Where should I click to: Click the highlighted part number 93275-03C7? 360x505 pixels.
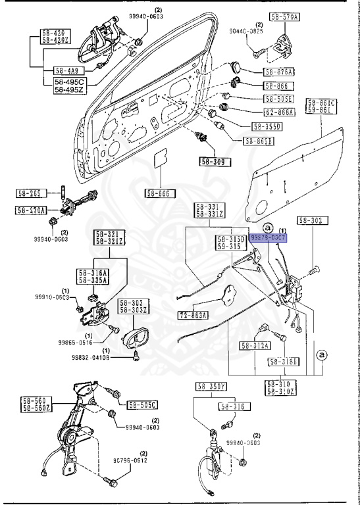point(269,237)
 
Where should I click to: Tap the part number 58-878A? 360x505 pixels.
point(279,72)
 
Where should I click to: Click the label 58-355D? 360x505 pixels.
point(265,126)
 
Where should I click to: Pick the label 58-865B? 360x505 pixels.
point(259,141)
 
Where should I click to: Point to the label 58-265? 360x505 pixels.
point(29,193)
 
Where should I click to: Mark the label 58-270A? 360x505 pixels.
point(31,210)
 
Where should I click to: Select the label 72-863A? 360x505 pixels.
point(193,316)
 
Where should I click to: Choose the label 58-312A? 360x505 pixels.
point(255,345)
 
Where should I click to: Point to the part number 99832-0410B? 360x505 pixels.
point(91,358)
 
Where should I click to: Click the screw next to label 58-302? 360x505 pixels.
point(314,269)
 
